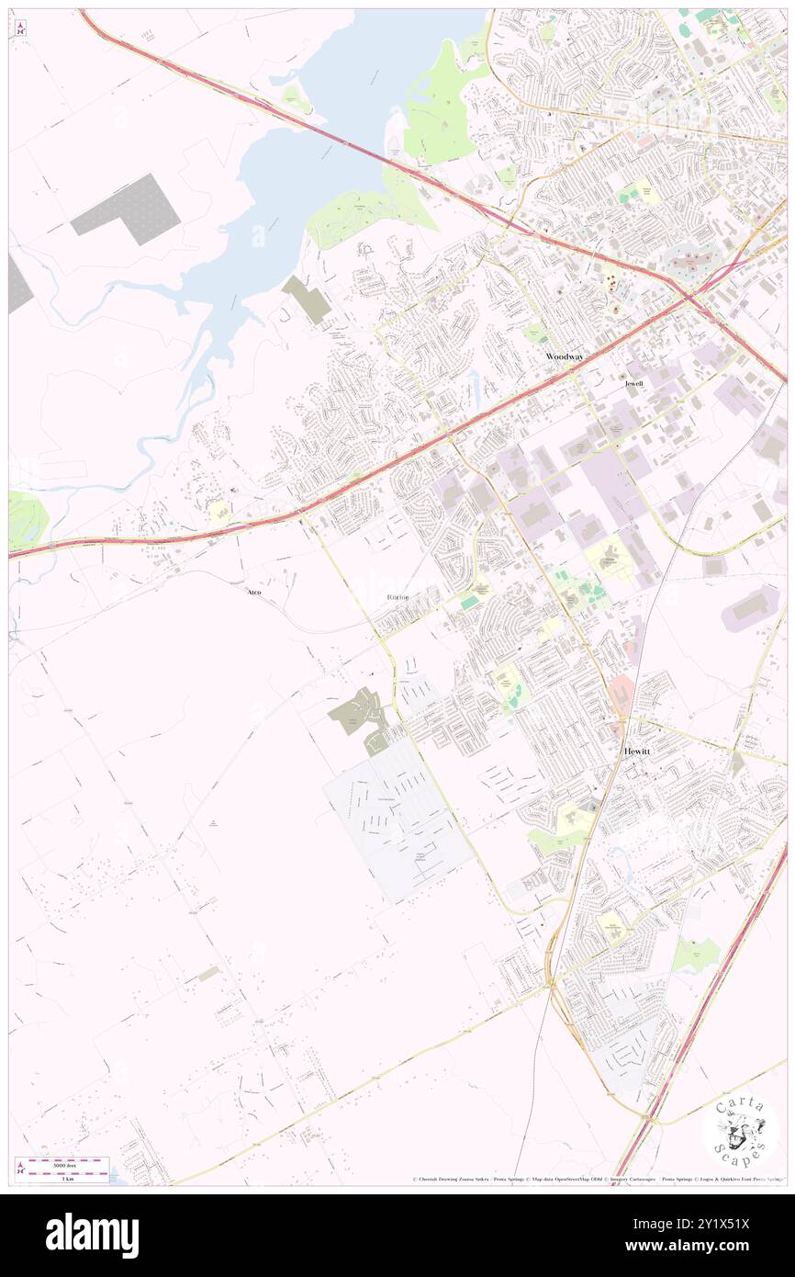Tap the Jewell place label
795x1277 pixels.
(634, 383)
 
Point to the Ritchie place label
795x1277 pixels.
(397, 597)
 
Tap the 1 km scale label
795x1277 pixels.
(67, 1178)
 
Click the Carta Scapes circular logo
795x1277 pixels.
(740, 1129)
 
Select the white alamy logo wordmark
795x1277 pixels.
(92, 1236)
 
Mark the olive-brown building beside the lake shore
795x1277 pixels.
(306, 299)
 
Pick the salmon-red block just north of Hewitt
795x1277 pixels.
(621, 695)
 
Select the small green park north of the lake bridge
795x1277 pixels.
(296, 96)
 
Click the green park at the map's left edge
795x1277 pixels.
(26, 520)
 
